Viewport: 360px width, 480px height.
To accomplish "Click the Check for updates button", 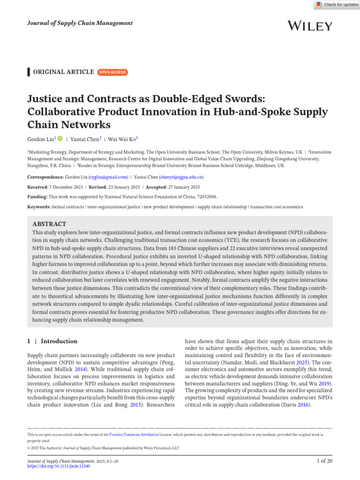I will (x=337, y=5).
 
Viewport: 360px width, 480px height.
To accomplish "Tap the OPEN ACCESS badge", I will (x=112, y=72).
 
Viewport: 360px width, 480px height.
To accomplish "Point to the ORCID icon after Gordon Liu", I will (x=60, y=139).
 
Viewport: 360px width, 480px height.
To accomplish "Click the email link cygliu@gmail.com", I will (x=108, y=177).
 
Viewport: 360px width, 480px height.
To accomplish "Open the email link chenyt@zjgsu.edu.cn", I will (x=181, y=177).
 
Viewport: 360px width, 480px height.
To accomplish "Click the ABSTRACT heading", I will (x=49, y=224).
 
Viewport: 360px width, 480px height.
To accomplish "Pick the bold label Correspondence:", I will (x=45, y=177).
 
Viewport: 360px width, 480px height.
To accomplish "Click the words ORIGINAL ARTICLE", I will (x=63, y=72).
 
